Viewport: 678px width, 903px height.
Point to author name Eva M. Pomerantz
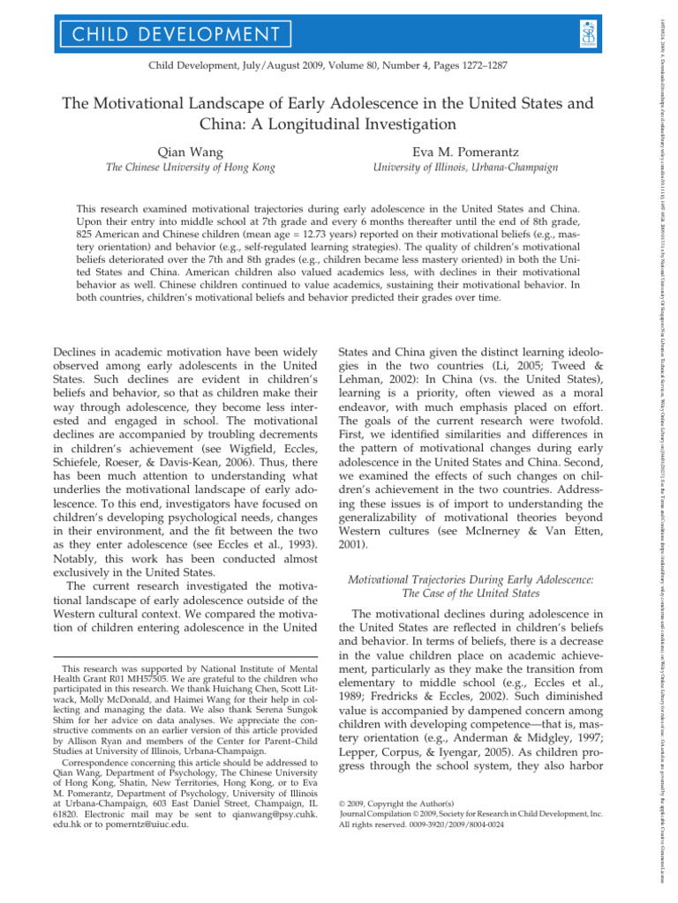464,150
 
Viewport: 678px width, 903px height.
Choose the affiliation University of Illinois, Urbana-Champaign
464,168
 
